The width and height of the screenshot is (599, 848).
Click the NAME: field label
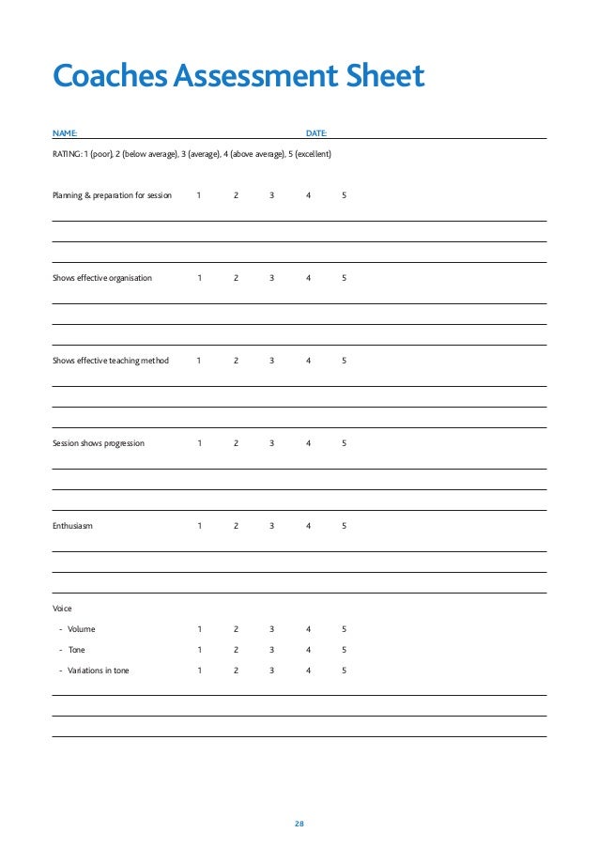(x=65, y=134)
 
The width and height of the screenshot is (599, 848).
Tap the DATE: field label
(x=316, y=134)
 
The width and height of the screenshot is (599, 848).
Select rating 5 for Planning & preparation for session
(x=345, y=195)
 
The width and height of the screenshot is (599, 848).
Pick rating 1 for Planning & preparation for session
(x=199, y=195)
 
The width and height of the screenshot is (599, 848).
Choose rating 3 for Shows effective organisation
(x=272, y=278)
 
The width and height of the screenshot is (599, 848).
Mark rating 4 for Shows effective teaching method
(x=308, y=361)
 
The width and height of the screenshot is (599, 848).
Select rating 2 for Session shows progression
(x=236, y=443)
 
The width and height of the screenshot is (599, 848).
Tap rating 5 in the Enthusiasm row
(x=345, y=526)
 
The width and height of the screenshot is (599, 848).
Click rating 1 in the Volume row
(x=199, y=629)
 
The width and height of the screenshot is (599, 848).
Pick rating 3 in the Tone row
(x=272, y=650)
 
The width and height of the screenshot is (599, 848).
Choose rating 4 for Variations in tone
(x=308, y=671)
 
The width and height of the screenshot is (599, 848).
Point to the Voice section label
(x=62, y=609)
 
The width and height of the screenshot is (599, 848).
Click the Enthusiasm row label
(x=72, y=526)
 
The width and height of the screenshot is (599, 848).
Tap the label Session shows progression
(x=99, y=443)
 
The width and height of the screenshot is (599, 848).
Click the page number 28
(x=299, y=824)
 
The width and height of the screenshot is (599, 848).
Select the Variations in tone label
(x=98, y=671)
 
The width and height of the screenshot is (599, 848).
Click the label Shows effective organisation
(x=101, y=278)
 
